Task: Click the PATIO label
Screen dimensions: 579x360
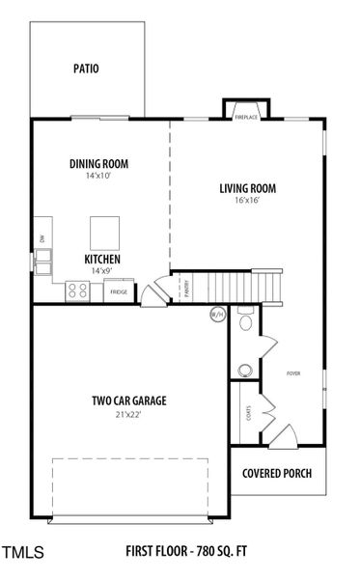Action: point(87,69)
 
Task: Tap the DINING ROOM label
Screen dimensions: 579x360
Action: point(98,164)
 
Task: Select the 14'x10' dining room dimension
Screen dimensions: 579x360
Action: point(98,177)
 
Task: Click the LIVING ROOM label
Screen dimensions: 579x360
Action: point(248,188)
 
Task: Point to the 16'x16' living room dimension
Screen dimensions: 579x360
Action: point(248,201)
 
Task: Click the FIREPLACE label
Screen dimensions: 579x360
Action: point(246,117)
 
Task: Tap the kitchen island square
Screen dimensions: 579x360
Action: point(104,233)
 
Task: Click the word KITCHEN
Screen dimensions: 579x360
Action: point(101,260)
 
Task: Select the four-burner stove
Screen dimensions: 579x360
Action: point(77,289)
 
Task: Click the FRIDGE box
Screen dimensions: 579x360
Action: point(118,290)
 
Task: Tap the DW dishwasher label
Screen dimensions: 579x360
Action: point(42,237)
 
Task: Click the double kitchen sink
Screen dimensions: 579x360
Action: point(44,258)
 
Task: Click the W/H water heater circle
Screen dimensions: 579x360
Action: point(217,314)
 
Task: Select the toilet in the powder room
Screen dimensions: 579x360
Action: point(245,321)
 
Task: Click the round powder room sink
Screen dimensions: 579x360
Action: point(245,371)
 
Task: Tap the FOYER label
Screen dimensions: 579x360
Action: point(293,372)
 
